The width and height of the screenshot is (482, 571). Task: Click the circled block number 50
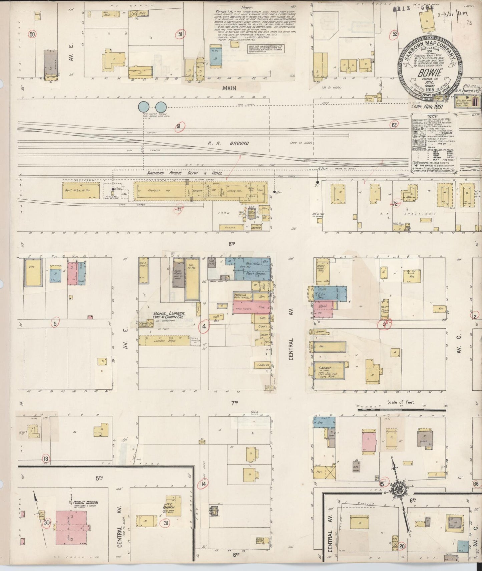pos(32,34)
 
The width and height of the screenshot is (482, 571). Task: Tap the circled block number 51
pos(180,34)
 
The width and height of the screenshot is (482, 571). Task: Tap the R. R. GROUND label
pos(228,143)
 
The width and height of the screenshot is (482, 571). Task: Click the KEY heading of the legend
pos(433,117)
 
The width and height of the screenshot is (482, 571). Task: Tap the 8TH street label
pos(232,244)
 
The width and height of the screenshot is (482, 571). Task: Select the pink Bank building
pos(323,306)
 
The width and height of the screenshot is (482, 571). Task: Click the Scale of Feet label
pos(403,402)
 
